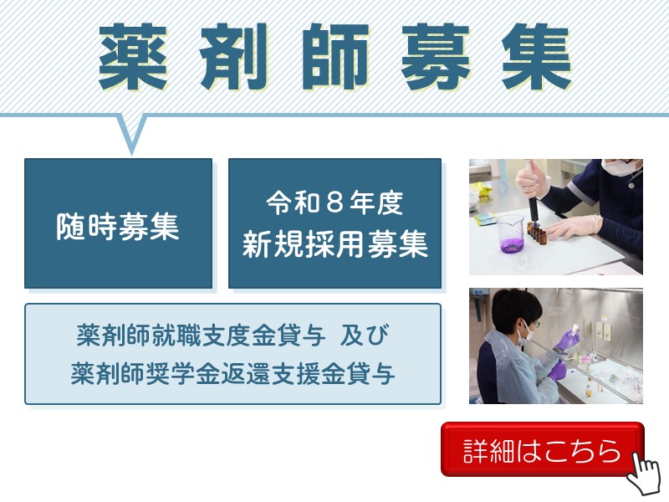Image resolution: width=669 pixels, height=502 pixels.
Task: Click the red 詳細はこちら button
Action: click(x=542, y=449)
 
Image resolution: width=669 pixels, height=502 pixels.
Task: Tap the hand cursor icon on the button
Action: click(x=645, y=473)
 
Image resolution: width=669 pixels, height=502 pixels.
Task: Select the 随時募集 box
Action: click(x=118, y=223)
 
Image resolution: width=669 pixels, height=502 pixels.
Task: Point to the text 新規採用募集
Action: click(x=335, y=243)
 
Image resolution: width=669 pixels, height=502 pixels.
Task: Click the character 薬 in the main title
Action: click(x=132, y=57)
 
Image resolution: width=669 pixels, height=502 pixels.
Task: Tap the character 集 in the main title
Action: click(x=536, y=57)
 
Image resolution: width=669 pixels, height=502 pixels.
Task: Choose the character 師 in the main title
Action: click(x=335, y=57)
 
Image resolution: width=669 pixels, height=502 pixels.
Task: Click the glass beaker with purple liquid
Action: click(x=510, y=234)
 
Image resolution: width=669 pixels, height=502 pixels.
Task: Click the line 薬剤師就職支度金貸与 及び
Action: click(x=232, y=336)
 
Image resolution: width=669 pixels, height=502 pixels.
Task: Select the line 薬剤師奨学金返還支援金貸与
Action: click(x=232, y=373)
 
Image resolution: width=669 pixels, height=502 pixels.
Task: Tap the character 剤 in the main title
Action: click(x=234, y=57)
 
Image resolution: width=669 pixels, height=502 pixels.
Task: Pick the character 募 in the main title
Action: click(x=435, y=57)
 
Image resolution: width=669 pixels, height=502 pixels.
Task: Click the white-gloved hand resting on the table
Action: click(x=574, y=228)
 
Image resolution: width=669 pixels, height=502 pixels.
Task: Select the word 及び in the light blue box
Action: click(x=365, y=336)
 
